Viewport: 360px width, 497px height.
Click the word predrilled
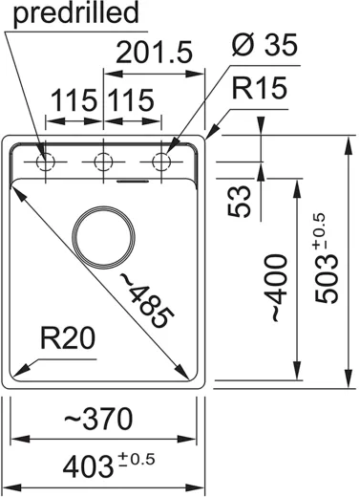[x=76, y=13]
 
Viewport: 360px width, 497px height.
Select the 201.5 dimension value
[x=155, y=52]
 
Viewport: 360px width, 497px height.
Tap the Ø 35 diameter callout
[x=265, y=44]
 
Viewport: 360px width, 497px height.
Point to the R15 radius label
[x=260, y=87]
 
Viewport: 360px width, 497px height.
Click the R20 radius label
[x=68, y=338]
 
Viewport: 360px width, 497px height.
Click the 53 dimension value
[x=240, y=201]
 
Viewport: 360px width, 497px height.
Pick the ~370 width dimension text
[x=98, y=419]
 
